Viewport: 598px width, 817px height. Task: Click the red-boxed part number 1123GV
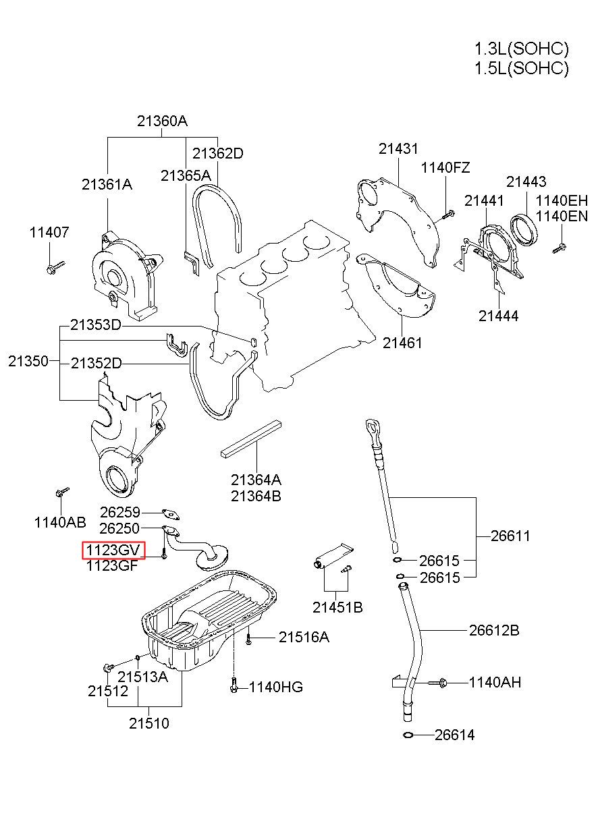coord(113,550)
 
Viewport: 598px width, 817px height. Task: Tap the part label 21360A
coord(163,121)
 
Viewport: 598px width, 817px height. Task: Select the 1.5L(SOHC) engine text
coord(521,68)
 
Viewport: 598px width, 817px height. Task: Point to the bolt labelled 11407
coord(56,266)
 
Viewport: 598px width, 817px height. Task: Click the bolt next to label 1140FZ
coord(448,215)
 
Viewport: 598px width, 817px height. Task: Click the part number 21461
coord(402,343)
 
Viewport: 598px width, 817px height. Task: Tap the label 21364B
coord(256,496)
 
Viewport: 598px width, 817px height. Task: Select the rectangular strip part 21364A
coord(251,439)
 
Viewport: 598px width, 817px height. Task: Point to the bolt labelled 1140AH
coord(437,683)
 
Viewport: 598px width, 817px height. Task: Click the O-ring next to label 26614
coord(408,735)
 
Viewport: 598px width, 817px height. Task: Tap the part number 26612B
coord(494,630)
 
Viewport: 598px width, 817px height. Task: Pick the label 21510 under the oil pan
coord(149,723)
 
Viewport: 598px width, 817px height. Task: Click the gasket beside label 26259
coord(170,514)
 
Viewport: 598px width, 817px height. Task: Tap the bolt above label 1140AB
coord(63,491)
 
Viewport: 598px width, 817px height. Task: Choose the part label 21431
coord(398,149)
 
